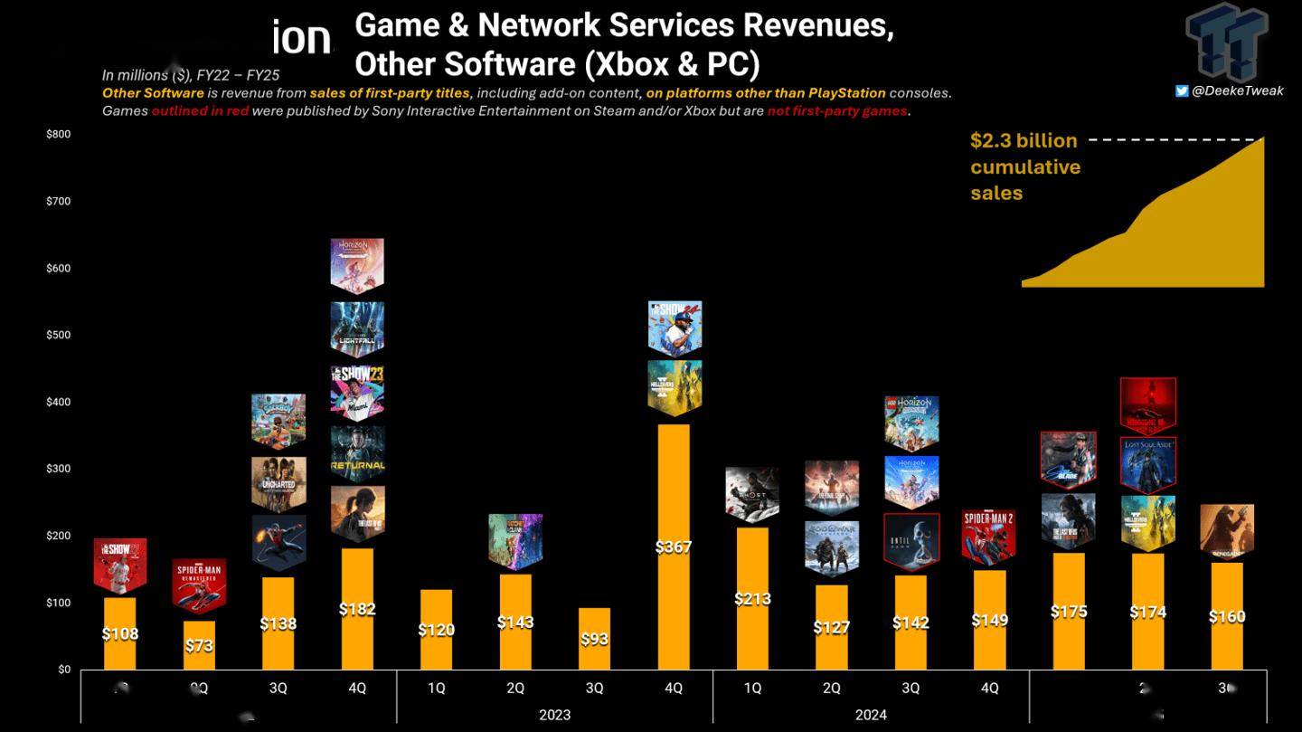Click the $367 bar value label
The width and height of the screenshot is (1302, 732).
[674, 547]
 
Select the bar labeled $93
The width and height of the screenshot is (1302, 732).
[594, 639]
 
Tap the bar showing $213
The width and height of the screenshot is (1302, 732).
[752, 598]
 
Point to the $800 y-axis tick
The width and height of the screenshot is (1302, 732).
[58, 134]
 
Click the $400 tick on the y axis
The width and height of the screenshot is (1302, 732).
[58, 402]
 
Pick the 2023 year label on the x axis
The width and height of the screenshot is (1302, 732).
[554, 715]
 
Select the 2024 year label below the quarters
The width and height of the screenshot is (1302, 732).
[871, 715]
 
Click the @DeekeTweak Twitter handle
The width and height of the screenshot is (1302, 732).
[1238, 90]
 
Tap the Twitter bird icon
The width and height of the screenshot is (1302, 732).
[1182, 90]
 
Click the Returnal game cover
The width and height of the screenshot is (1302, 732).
[357, 452]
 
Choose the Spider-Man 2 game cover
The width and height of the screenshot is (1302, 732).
[989, 536]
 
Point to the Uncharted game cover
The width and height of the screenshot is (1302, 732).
[278, 484]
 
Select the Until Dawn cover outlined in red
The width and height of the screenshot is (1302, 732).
[910, 541]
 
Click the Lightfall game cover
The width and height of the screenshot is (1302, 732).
[357, 329]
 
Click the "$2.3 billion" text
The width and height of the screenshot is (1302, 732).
[1024, 140]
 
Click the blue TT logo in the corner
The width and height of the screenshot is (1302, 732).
[1227, 41]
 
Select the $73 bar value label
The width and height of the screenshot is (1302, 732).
[199, 644]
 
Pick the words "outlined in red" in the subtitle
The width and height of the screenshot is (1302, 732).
[200, 110]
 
